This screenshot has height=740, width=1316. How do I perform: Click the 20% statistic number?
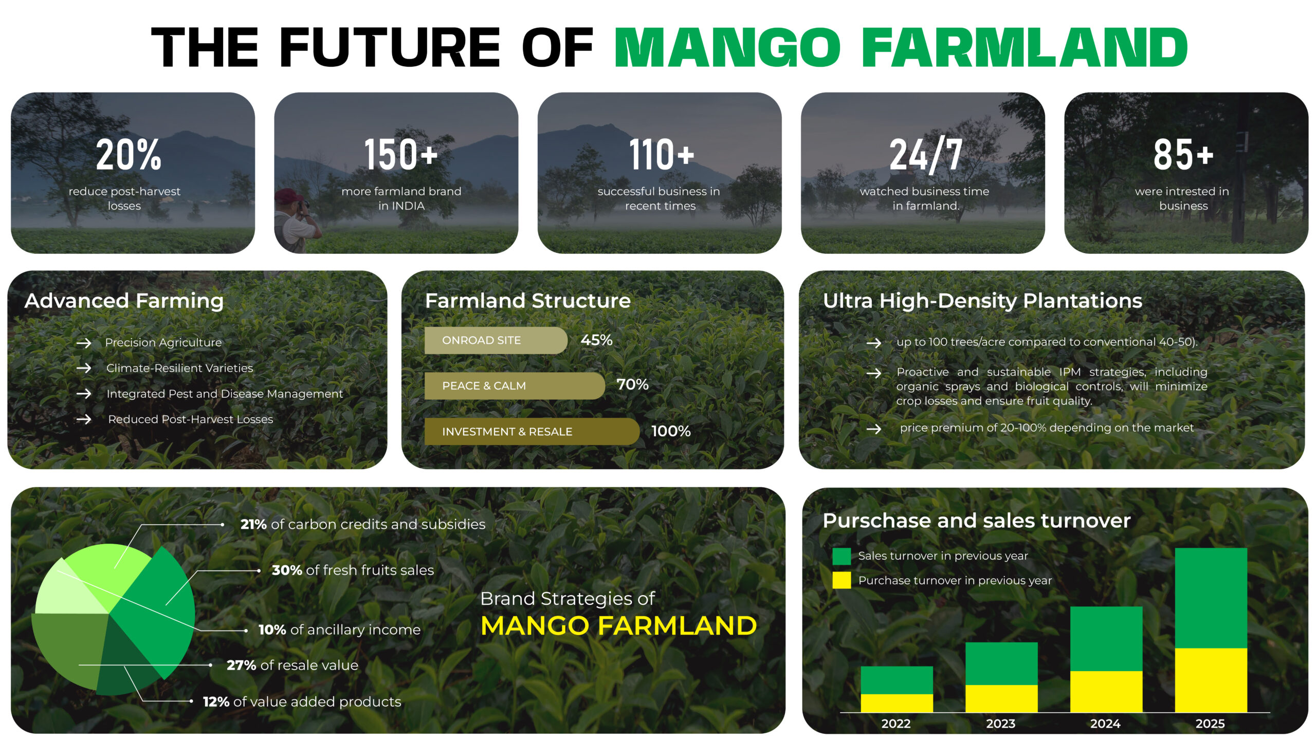point(129,154)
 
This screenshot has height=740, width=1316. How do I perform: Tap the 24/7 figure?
point(925,154)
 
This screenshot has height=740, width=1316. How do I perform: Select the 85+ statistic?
point(1183,154)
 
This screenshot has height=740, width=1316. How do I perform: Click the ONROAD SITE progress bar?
point(496,340)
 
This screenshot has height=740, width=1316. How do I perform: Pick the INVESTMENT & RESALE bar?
point(532,431)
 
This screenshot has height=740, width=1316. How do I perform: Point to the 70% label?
point(632,384)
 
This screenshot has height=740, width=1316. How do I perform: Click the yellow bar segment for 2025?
point(1211,680)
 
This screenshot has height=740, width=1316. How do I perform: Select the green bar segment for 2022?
point(897,680)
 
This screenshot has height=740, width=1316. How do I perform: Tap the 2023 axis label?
point(1000,724)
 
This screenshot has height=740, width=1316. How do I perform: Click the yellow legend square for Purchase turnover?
point(842,580)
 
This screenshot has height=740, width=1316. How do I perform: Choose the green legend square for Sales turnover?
point(842,556)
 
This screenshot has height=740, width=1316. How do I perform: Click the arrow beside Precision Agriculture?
point(84,343)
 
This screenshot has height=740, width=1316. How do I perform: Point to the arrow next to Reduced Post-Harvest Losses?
point(84,419)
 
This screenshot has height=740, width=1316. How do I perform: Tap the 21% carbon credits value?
point(253,524)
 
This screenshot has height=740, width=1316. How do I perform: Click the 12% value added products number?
point(216,701)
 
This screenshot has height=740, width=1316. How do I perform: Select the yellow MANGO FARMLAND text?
point(618,625)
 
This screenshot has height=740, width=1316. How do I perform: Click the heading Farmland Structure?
point(528,301)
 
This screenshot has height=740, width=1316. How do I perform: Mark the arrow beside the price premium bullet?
point(874,429)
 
